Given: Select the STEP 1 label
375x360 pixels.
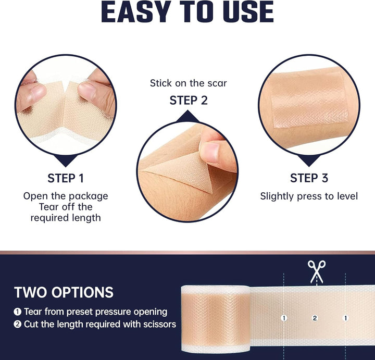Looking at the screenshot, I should (x=66, y=178).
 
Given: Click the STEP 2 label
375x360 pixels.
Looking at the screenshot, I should (x=189, y=100).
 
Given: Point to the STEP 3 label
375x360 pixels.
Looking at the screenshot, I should (x=309, y=178).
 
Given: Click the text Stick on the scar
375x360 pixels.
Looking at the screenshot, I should (x=189, y=83).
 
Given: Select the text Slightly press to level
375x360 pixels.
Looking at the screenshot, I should (x=309, y=196).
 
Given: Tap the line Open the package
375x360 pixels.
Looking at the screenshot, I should (x=66, y=196).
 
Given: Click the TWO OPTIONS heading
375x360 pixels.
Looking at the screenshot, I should (x=64, y=292).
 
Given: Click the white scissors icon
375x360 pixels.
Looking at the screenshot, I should (x=315, y=271).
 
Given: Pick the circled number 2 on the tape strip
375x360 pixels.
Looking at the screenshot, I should (x=315, y=317).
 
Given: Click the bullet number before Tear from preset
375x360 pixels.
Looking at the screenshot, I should (x=17, y=312).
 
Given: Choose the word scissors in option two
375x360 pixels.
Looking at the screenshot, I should (x=158, y=325).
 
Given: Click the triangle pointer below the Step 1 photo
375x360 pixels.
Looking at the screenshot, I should (x=66, y=160).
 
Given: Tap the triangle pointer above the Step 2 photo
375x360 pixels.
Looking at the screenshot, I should (x=189, y=118).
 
